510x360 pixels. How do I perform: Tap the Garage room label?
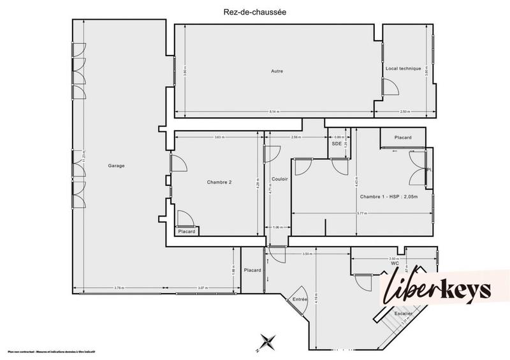click(116, 166)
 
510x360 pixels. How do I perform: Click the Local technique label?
click(403, 68)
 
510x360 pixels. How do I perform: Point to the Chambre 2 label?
click(219, 182)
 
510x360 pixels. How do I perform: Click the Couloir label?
click(279, 179)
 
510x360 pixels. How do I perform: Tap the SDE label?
click(336, 143)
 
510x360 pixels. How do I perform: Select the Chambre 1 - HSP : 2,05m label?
click(389, 197)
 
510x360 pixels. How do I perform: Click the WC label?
click(395, 263)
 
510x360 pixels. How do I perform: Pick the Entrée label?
click(300, 299)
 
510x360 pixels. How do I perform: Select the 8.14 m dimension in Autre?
click(273, 112)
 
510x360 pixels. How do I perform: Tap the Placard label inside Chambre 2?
click(187, 231)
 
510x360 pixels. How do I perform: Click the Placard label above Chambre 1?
click(403, 138)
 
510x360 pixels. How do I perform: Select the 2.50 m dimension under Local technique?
click(404, 112)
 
